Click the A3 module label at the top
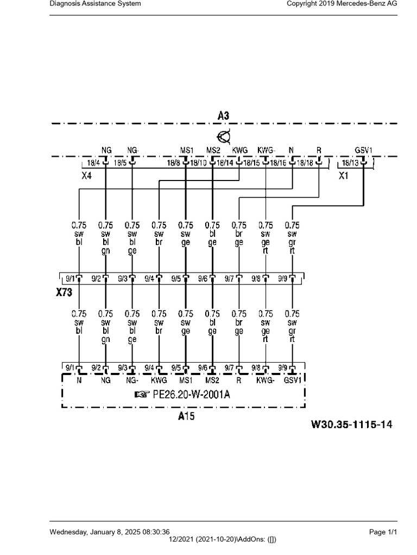[x=223, y=116]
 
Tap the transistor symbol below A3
[x=224, y=137]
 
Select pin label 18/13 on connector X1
[x=350, y=163]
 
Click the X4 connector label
[x=86, y=176]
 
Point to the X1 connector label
[x=343, y=176]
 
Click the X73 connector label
[x=64, y=292]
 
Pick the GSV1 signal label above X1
[x=363, y=150]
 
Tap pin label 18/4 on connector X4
[x=93, y=163]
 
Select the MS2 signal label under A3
[x=213, y=150]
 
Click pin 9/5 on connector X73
[x=176, y=279]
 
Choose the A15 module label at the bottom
[x=186, y=416]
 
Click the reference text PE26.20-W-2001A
[x=191, y=395]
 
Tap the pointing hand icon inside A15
[x=142, y=395]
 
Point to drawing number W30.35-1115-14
[x=351, y=424]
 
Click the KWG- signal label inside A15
[x=265, y=380]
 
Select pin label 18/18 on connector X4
[x=305, y=163]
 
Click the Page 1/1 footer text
[x=383, y=532]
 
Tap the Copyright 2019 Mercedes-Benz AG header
[x=342, y=4]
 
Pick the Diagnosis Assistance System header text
[x=95, y=4]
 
